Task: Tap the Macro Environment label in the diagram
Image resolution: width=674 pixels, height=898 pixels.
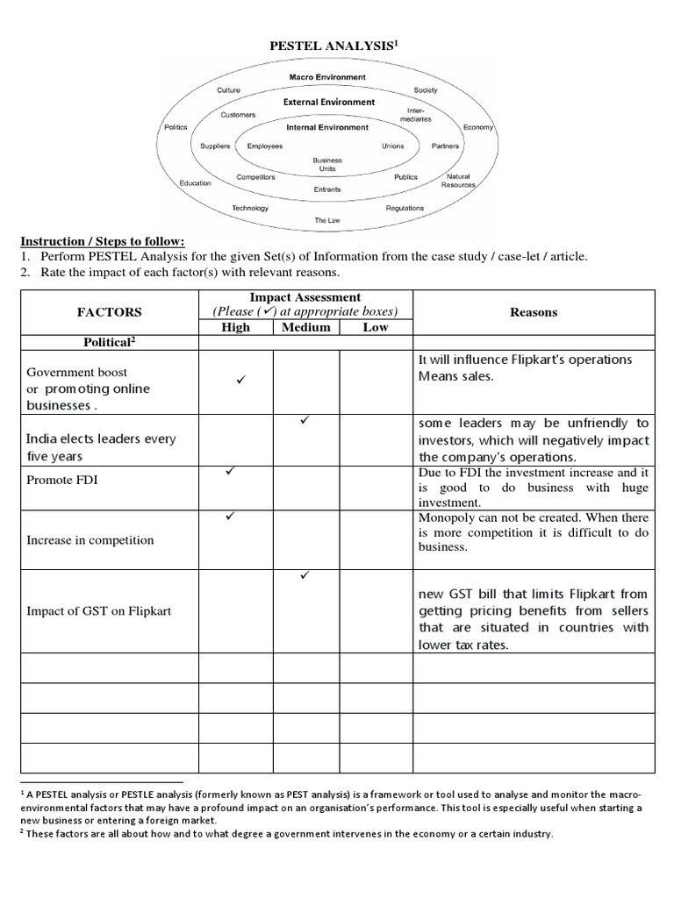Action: [x=327, y=77]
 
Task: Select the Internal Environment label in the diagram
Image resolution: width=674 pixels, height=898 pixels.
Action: [x=327, y=127]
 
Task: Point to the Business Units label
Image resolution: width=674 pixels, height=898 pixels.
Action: [x=327, y=165]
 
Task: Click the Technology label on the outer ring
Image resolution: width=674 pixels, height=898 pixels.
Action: [x=249, y=208]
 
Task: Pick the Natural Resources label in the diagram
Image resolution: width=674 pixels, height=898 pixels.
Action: [x=458, y=181]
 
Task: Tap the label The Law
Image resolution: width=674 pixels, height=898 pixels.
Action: [x=327, y=220]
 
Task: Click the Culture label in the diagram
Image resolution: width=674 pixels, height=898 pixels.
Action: [x=228, y=90]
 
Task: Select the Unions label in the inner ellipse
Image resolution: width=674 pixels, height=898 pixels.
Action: [x=392, y=146]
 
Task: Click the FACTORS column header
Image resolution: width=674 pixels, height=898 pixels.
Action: [x=110, y=312]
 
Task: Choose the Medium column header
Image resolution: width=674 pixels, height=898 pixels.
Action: [x=306, y=327]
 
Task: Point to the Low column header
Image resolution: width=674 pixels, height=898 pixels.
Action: [x=376, y=327]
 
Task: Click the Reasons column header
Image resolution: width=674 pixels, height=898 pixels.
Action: [x=534, y=312]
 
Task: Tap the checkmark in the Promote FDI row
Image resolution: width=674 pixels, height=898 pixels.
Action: [x=233, y=473]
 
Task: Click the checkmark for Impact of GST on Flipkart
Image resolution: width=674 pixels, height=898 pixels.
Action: [x=305, y=576]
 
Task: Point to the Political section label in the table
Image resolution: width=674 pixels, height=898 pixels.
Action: [x=110, y=343]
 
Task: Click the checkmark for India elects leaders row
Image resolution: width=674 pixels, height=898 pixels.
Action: [x=305, y=422]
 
